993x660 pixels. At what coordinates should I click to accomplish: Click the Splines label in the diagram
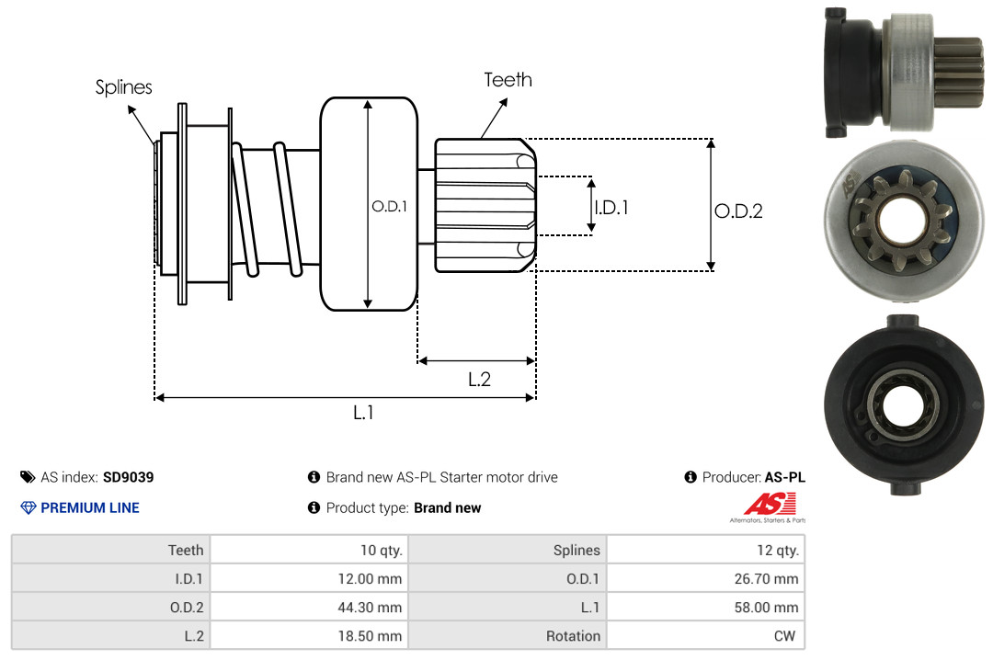[x=123, y=87]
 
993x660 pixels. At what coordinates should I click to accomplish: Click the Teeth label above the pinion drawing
[x=508, y=80]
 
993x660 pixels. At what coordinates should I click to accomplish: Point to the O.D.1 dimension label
[x=389, y=207]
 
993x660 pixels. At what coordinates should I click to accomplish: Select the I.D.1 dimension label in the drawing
[x=611, y=208]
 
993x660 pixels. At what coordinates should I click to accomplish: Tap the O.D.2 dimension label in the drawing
[x=738, y=211]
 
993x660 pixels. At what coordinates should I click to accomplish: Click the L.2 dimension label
[x=479, y=379]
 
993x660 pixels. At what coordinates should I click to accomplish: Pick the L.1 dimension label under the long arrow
[x=363, y=413]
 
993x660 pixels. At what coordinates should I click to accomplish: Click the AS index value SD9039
[x=128, y=477]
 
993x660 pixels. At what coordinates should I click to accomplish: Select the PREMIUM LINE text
[x=90, y=507]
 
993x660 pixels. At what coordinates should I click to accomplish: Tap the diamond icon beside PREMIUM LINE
[x=29, y=507]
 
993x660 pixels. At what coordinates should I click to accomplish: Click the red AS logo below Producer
[x=762, y=504]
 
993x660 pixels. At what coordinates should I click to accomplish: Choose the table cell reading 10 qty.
[x=381, y=551]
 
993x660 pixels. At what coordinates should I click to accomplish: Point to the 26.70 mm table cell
[x=768, y=579]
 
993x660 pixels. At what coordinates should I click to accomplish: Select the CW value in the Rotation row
[x=787, y=636]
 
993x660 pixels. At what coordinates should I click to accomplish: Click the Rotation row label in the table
[x=573, y=636]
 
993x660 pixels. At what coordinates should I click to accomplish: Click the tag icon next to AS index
[x=28, y=477]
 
